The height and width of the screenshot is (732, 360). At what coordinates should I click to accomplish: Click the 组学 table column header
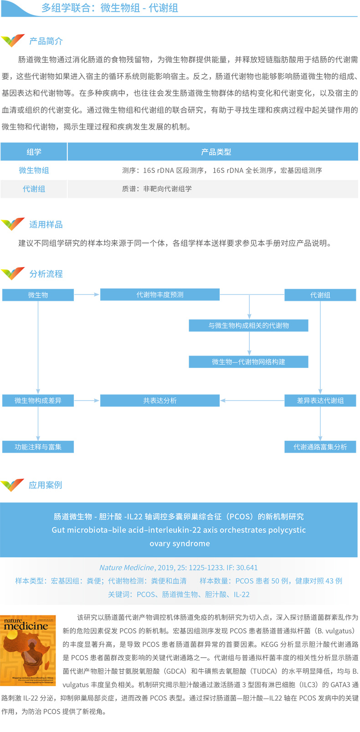34,152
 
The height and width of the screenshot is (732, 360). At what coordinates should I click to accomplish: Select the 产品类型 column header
216,152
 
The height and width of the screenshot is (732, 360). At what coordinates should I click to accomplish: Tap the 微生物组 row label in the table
34,170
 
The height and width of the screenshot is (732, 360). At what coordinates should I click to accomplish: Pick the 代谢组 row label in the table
34,189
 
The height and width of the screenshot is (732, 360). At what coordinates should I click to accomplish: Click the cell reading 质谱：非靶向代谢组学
157,189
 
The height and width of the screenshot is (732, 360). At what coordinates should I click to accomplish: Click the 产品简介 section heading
46,41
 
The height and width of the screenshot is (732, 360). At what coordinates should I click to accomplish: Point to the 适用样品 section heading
46,225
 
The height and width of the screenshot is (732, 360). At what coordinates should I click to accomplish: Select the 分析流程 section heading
46,274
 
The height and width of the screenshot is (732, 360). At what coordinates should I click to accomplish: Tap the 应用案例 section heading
45,485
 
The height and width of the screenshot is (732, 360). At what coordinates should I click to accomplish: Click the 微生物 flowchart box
38,295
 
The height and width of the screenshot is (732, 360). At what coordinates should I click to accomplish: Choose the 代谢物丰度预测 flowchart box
159,295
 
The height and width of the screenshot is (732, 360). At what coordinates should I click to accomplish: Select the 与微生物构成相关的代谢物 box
248,325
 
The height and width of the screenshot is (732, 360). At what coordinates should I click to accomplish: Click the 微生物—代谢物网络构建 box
248,362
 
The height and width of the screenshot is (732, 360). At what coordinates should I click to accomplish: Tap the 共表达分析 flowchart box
159,401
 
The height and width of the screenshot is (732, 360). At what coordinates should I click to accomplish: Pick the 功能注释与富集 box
38,447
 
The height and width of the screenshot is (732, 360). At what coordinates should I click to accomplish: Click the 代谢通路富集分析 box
320,447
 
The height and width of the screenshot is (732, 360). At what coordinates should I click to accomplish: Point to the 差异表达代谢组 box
320,401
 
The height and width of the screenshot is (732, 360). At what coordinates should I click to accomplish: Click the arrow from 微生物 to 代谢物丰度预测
87,295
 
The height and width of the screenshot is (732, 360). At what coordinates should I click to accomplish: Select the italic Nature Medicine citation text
127,567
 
